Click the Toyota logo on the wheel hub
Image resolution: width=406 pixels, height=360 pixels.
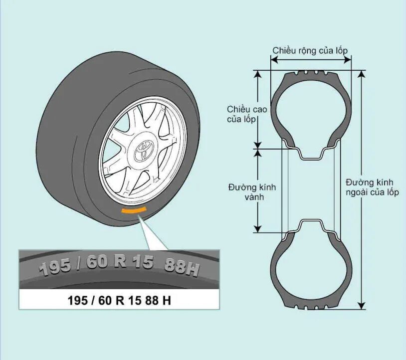pos(144,150)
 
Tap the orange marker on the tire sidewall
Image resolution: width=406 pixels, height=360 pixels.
pos(134,210)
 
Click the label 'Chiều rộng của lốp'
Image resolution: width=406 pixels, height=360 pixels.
pos(310,50)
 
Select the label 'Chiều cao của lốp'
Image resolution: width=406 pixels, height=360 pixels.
pos(247,114)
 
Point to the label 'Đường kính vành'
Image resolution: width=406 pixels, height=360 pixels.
pos(252,192)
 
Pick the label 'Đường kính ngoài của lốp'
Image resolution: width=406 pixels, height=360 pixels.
pos(372,187)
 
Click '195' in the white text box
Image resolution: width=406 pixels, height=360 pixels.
pos(77,302)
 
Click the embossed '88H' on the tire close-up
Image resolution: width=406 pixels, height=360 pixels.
pos(181,268)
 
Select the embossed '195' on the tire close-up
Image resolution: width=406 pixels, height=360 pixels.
pos(55,267)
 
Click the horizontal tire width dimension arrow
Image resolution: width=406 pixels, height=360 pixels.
pos(311,60)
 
